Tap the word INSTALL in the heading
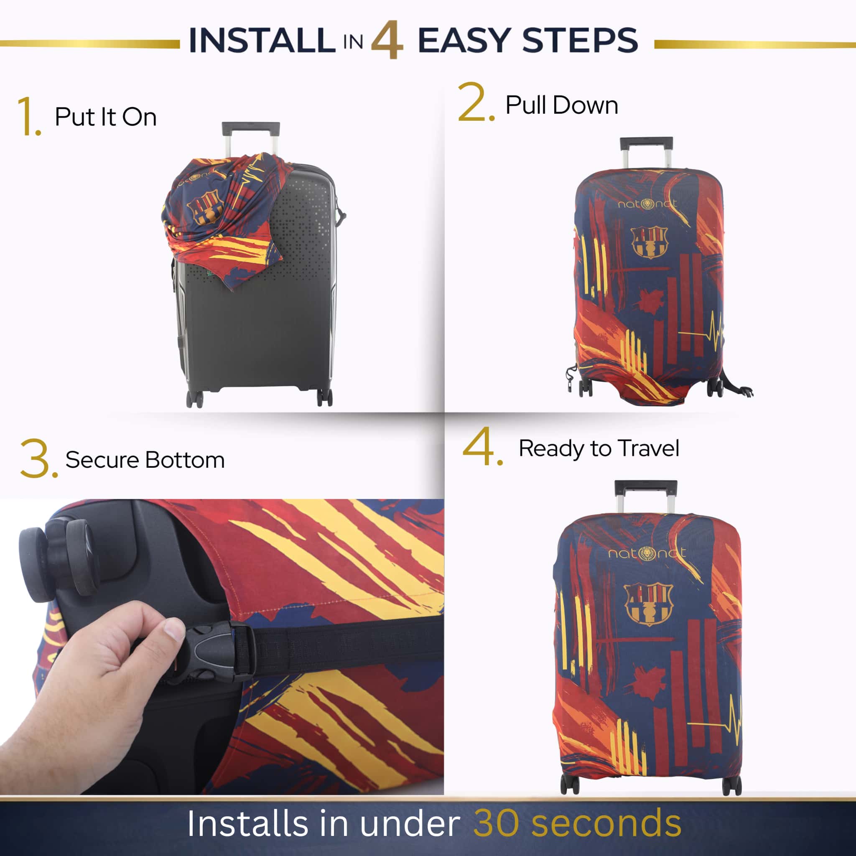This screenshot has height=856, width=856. [262, 40]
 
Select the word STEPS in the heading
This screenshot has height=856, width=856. [580, 40]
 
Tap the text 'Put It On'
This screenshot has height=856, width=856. [105, 117]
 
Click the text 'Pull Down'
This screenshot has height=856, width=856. [562, 105]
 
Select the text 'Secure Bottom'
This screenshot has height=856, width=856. [145, 460]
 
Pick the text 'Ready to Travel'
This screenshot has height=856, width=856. [599, 448]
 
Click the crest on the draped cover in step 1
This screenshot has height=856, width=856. [205, 206]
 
